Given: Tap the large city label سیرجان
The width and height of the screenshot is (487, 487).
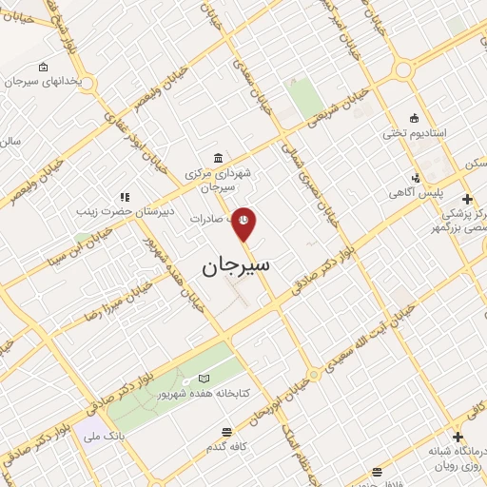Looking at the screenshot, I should pyautogui.click(x=236, y=266).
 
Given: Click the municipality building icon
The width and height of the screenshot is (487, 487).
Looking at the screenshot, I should pyautogui.click(x=220, y=158).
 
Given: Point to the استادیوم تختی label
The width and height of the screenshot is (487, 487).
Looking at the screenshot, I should pyautogui.click(x=408, y=133).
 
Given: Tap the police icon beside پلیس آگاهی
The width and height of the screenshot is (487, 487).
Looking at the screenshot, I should pyautogui.click(x=416, y=178).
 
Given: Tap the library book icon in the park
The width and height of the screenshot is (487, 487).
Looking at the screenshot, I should pyautogui.click(x=203, y=380).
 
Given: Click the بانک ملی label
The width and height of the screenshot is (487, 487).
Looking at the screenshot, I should pyautogui.click(x=106, y=438).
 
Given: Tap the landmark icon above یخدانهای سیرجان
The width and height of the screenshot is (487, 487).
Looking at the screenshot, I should pyautogui.click(x=43, y=67).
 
